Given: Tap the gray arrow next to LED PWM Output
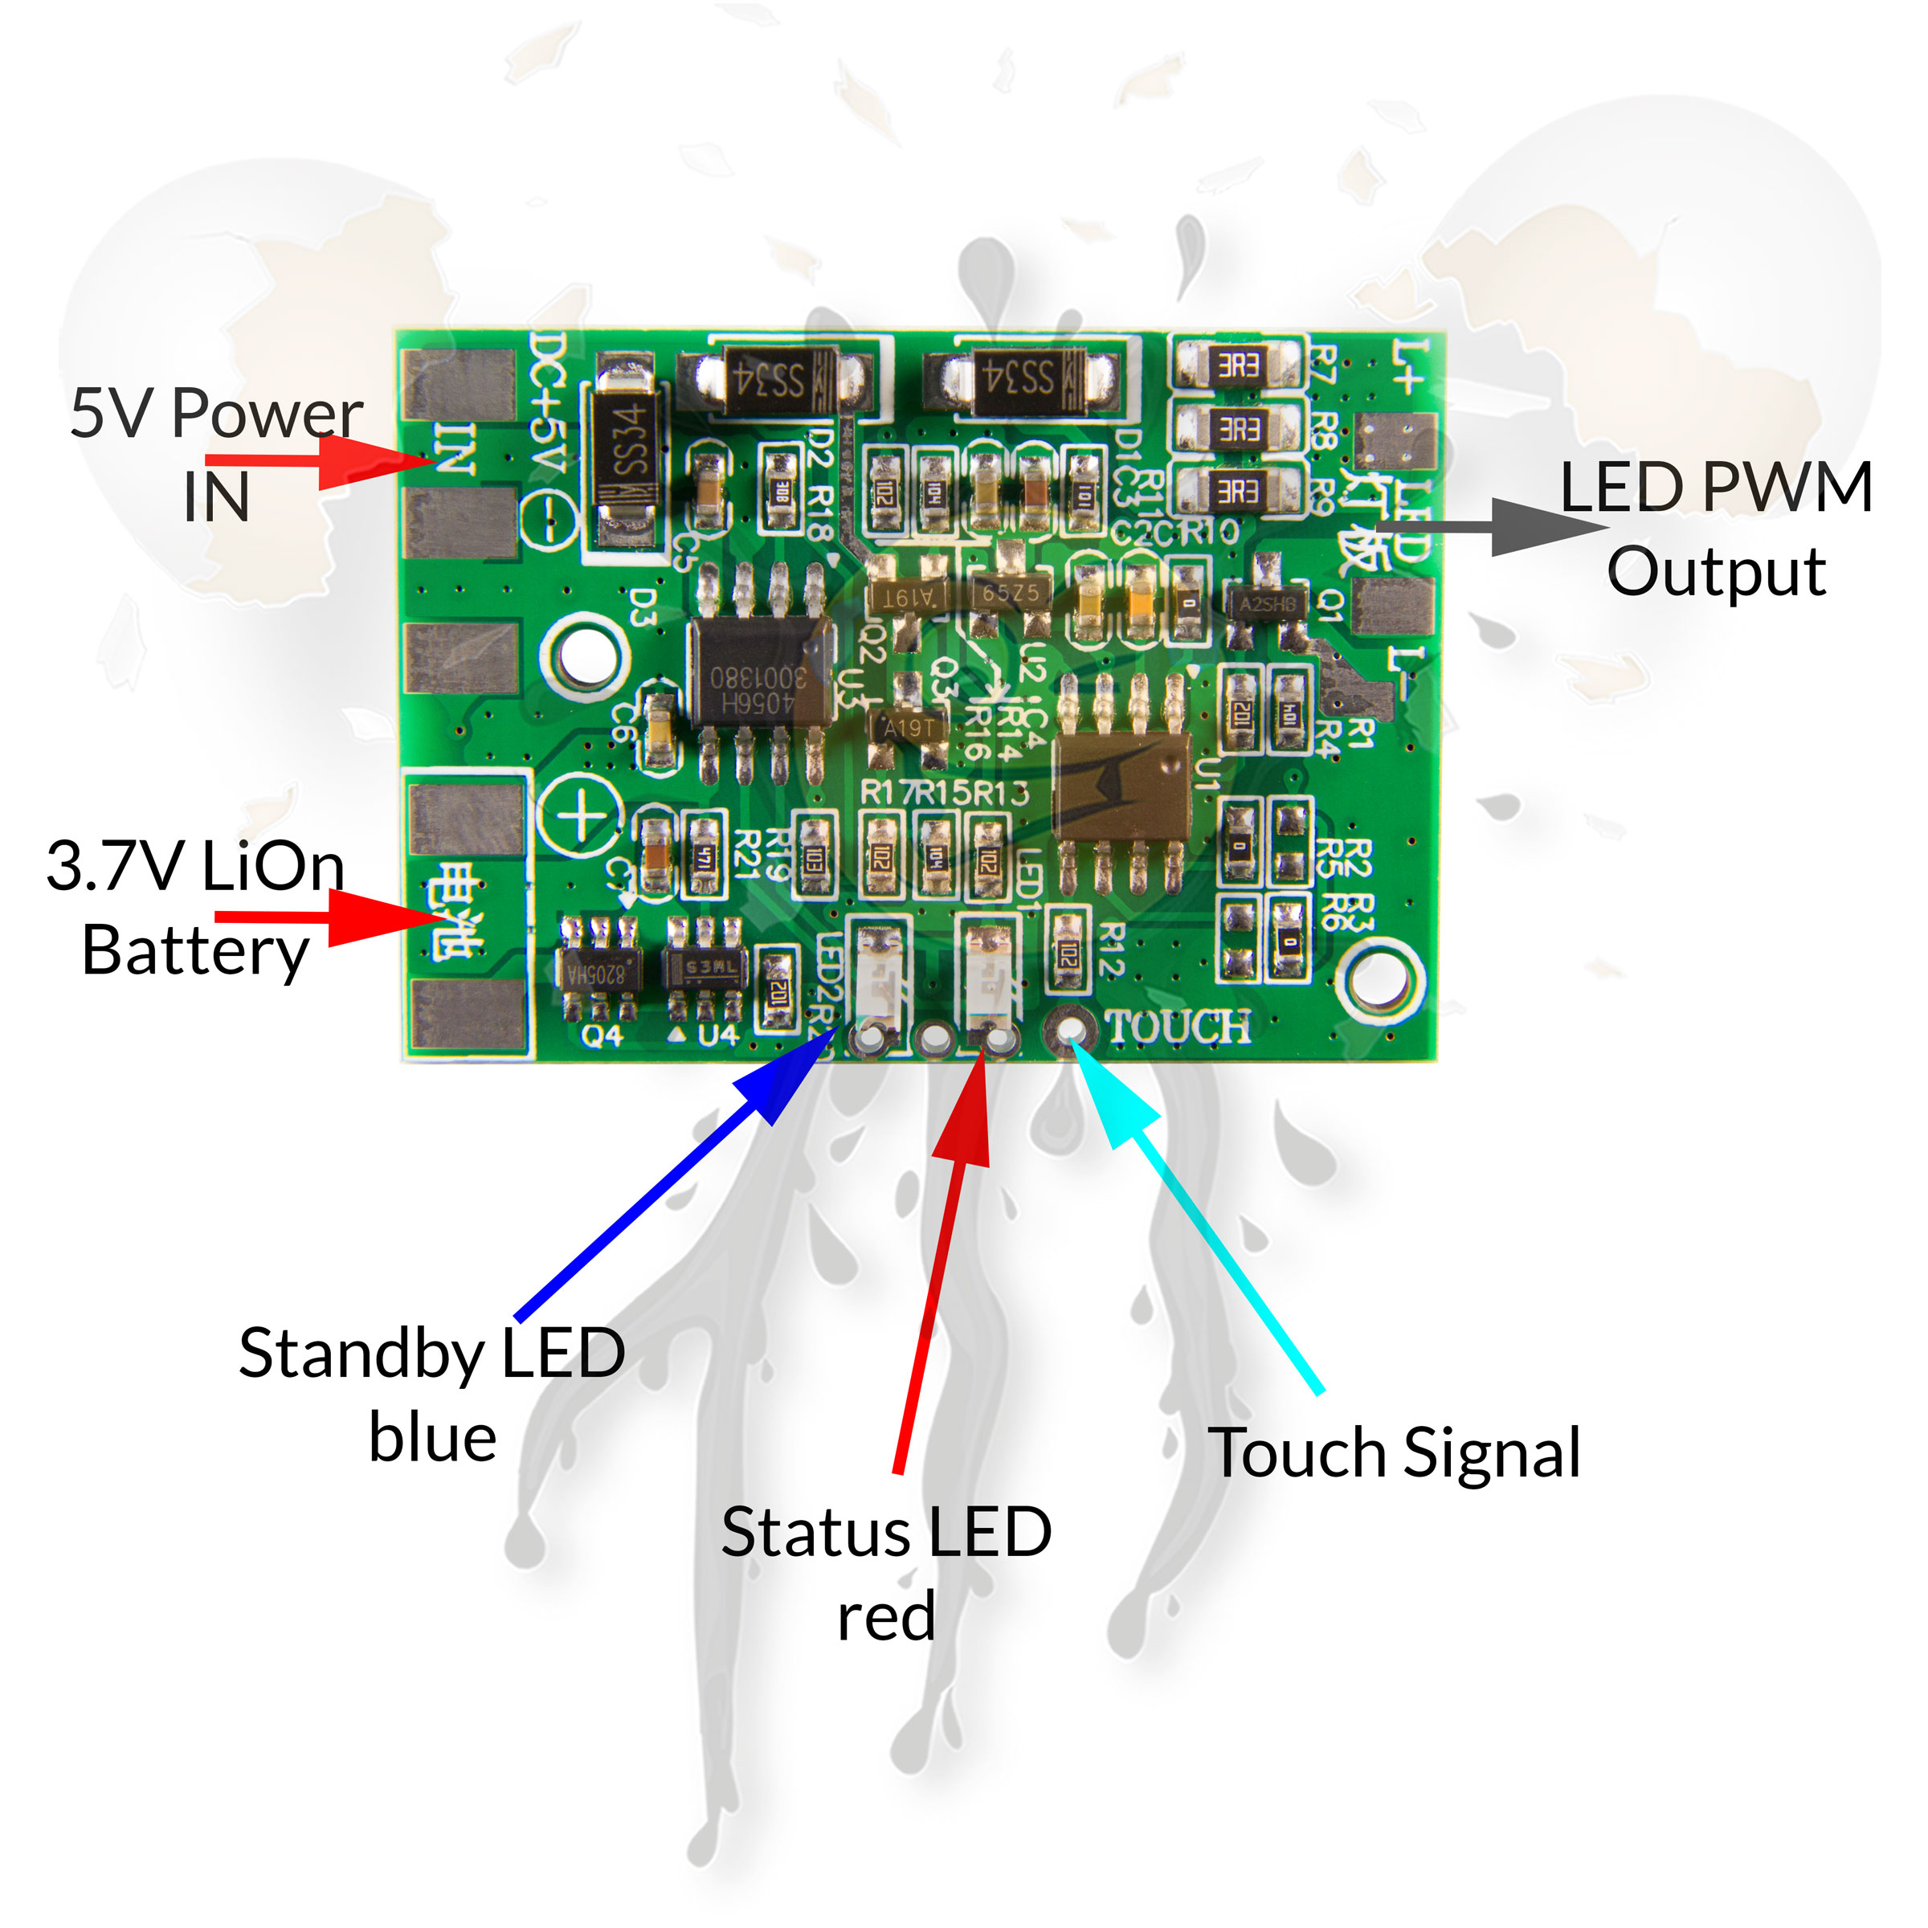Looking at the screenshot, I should (x=1497, y=526).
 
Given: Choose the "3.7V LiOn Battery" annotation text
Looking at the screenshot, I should (x=195, y=908).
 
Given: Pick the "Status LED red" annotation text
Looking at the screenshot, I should (x=886, y=1574).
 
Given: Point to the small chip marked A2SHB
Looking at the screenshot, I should (x=1268, y=604).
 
